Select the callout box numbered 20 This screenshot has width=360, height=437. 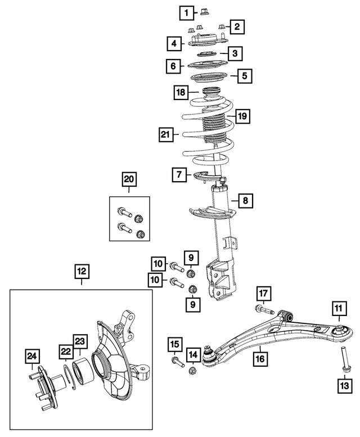coord(129,179)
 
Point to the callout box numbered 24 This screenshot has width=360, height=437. coord(32,356)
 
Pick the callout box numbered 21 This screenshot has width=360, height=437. coord(165,134)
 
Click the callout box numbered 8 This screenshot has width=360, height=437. coord(245,200)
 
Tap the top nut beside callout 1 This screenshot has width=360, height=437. coord(204,13)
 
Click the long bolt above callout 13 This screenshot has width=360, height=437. coord(342,358)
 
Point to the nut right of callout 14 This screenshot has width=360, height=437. coord(193,370)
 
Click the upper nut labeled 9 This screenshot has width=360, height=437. coord(191,274)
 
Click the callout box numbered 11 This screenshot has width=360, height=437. coord(337,308)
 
